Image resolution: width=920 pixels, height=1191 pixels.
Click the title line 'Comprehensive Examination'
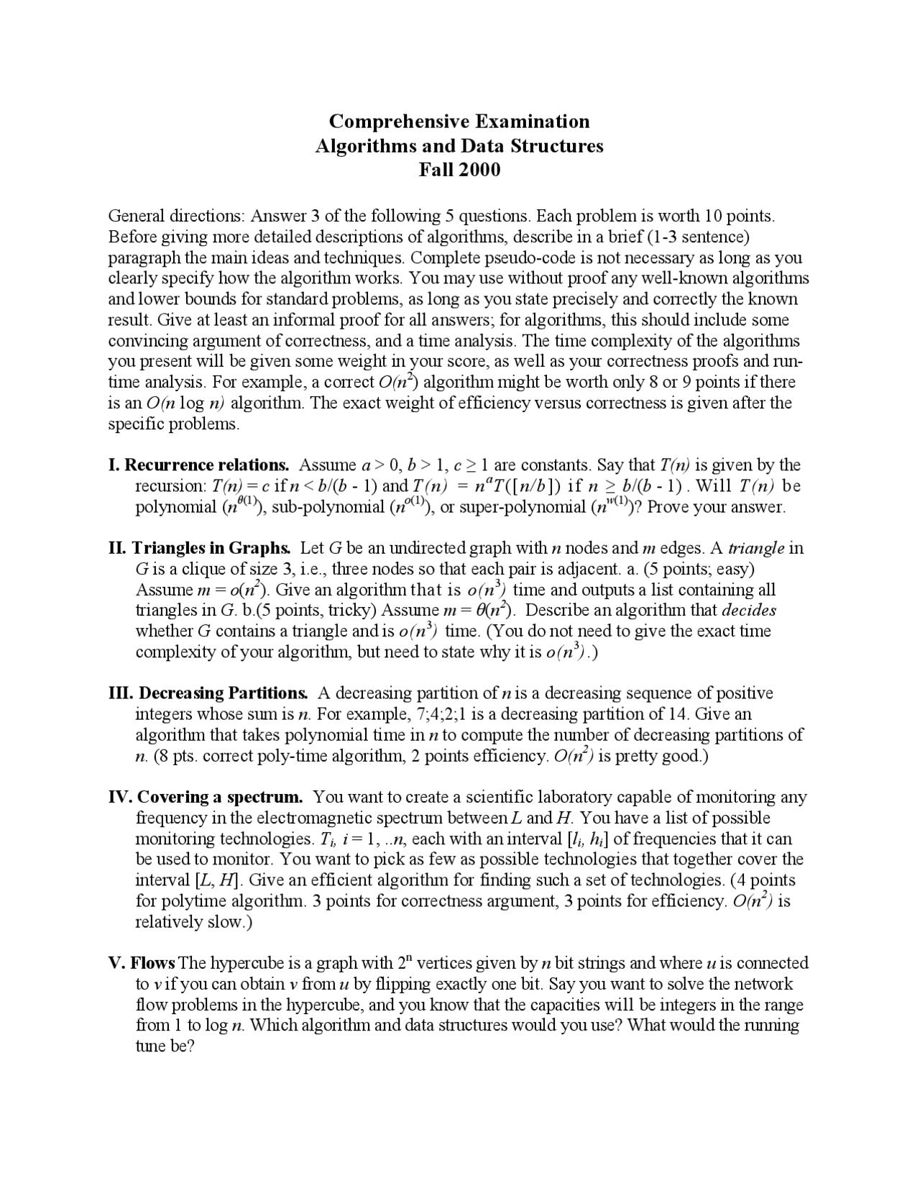coord(459,121)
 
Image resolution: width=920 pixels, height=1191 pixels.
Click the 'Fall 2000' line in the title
coord(459,170)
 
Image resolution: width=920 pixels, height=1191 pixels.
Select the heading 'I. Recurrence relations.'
coord(198,465)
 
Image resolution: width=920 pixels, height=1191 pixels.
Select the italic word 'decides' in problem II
coord(749,611)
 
